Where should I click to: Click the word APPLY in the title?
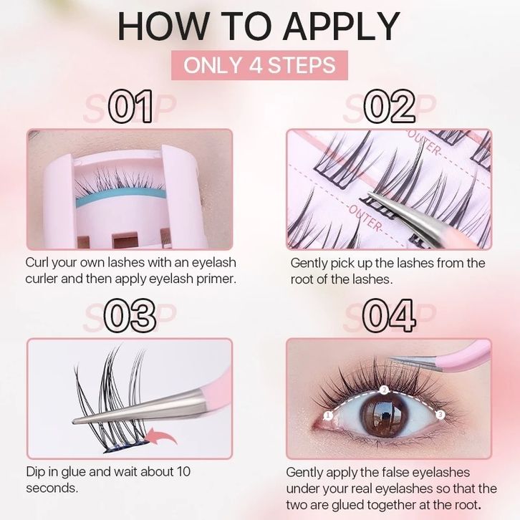341,27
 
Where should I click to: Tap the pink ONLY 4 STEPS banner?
259,65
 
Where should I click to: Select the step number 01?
130,107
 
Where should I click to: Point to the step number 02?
390,107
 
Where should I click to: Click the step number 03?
130,316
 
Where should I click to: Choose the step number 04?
389,316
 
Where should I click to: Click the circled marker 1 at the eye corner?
328,415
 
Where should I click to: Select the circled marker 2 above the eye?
384,390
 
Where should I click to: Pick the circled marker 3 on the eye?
440,414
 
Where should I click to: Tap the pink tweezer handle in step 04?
464,355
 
